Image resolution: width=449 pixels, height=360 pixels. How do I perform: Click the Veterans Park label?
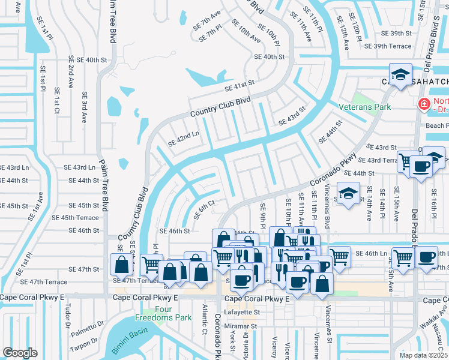click(365, 107)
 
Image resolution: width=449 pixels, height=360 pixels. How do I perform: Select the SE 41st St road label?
click(240, 86)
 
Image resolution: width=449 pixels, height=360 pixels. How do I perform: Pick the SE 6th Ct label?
click(203, 212)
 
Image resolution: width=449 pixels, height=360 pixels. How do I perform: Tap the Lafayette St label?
click(242, 312)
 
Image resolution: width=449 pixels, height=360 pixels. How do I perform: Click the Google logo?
click(20, 353)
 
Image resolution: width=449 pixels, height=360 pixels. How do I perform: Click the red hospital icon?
click(424, 104)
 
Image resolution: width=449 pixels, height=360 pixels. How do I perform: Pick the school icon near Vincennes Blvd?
click(348, 193)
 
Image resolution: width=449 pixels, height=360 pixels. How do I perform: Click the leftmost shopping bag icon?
click(122, 264)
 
